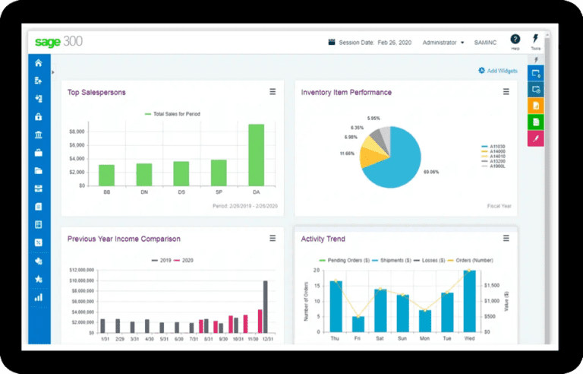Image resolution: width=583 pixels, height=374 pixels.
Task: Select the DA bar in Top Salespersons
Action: coord(256,155)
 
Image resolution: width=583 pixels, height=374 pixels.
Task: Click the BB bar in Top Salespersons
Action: coord(107,175)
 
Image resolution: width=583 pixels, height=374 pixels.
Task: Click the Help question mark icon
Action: coord(515,40)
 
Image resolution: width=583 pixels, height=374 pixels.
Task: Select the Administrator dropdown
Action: coord(443,43)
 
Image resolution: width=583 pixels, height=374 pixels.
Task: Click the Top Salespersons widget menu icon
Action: coord(273,92)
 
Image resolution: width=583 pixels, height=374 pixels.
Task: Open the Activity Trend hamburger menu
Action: coord(506,239)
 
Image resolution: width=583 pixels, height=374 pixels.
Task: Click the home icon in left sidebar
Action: coord(39,63)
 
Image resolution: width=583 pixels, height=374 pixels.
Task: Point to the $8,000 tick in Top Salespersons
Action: coord(77,132)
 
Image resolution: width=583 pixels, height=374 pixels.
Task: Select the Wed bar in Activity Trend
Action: coord(469,303)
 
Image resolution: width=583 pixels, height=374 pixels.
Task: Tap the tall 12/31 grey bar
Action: coord(265,307)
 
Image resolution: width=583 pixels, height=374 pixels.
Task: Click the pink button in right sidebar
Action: coord(535,138)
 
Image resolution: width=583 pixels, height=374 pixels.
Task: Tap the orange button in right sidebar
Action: coord(535,106)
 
